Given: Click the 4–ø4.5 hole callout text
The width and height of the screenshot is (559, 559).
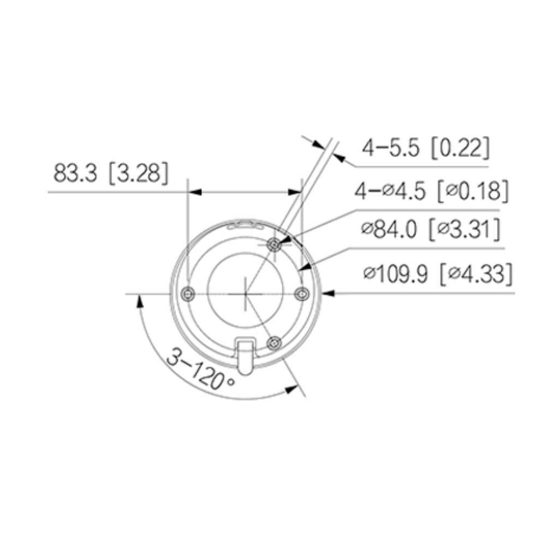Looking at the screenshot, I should pos(393,191).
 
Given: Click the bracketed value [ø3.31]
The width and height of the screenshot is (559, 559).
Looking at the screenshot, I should pos(466,230).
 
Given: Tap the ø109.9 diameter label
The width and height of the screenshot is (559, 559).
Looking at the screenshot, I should pos(397,274).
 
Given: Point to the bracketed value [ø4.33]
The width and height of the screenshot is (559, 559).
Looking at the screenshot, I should pos(477,274).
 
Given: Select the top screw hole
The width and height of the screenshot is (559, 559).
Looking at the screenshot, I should pos(275,245).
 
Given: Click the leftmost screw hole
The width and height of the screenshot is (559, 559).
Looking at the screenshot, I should pos(188,294).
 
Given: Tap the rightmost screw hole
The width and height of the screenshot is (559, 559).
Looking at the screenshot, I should pos(301,294).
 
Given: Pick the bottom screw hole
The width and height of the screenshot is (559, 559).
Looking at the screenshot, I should pos(275,342).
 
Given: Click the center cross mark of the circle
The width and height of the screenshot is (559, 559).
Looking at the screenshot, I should pos(246,293).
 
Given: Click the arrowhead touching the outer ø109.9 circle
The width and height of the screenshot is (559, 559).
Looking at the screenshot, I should pos(328,293).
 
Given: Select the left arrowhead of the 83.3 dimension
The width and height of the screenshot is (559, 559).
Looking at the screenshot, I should pos(195,192).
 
